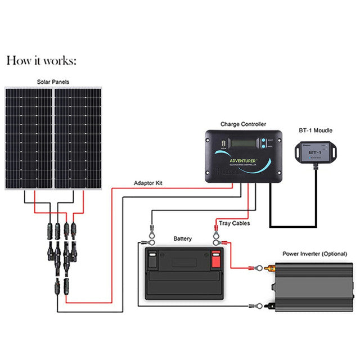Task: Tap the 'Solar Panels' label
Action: (x=53, y=82)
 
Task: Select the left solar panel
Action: (x=29, y=138)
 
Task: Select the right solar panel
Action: (x=78, y=138)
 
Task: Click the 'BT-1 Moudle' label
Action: (x=315, y=130)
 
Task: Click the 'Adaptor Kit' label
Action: (x=148, y=183)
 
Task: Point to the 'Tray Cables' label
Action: (x=235, y=223)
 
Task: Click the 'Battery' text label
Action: (x=182, y=238)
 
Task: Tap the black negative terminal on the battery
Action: (x=152, y=260)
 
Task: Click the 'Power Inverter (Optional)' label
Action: (x=314, y=254)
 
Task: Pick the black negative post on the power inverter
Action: (x=271, y=306)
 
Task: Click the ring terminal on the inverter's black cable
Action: (x=258, y=306)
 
